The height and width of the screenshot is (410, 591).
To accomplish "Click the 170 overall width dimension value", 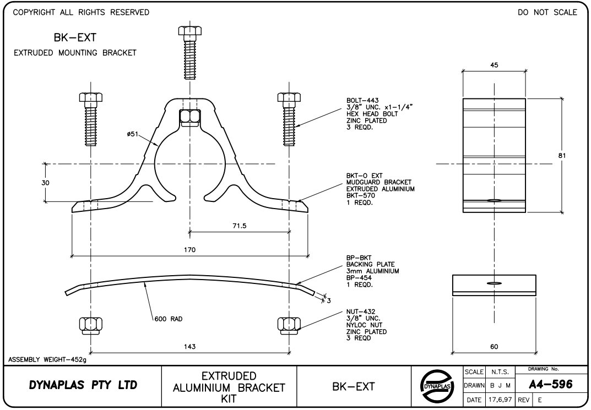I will pyautogui.click(x=190, y=250).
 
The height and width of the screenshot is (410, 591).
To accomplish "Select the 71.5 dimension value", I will pyautogui.click(x=240, y=226).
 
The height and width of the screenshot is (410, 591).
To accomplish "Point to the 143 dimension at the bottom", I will pyautogui.click(x=190, y=347).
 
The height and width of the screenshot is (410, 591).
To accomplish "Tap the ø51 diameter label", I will pyautogui.click(x=133, y=134).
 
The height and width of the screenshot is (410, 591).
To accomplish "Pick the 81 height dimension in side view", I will pyautogui.click(x=562, y=156).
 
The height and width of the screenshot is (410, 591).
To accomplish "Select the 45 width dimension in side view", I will pyautogui.click(x=494, y=65).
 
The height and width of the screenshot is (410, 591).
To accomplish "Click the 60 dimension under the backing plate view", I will pyautogui.click(x=494, y=347).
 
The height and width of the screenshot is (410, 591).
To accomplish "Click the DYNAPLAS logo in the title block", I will pyautogui.click(x=435, y=386).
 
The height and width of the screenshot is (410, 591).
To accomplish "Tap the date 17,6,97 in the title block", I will pyautogui.click(x=500, y=399).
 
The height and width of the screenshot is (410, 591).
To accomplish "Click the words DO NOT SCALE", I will pyautogui.click(x=547, y=12).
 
